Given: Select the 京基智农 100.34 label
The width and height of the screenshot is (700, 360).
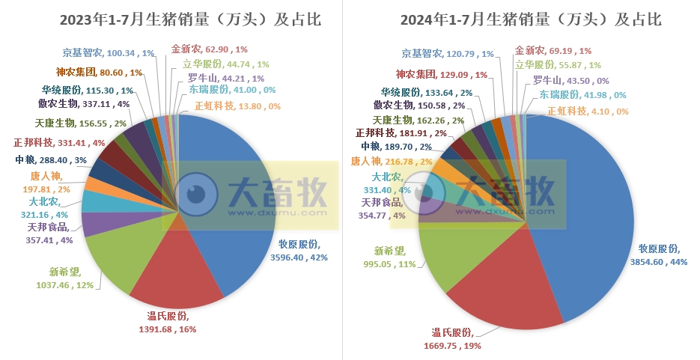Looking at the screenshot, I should (108, 53).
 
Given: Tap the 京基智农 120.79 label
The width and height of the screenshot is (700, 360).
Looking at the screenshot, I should (448, 54).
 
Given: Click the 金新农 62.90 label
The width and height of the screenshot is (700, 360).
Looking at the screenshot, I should (204, 48).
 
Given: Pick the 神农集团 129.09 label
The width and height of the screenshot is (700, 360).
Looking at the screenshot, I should (442, 75).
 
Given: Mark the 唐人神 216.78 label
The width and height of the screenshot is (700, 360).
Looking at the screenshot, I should (391, 161).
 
